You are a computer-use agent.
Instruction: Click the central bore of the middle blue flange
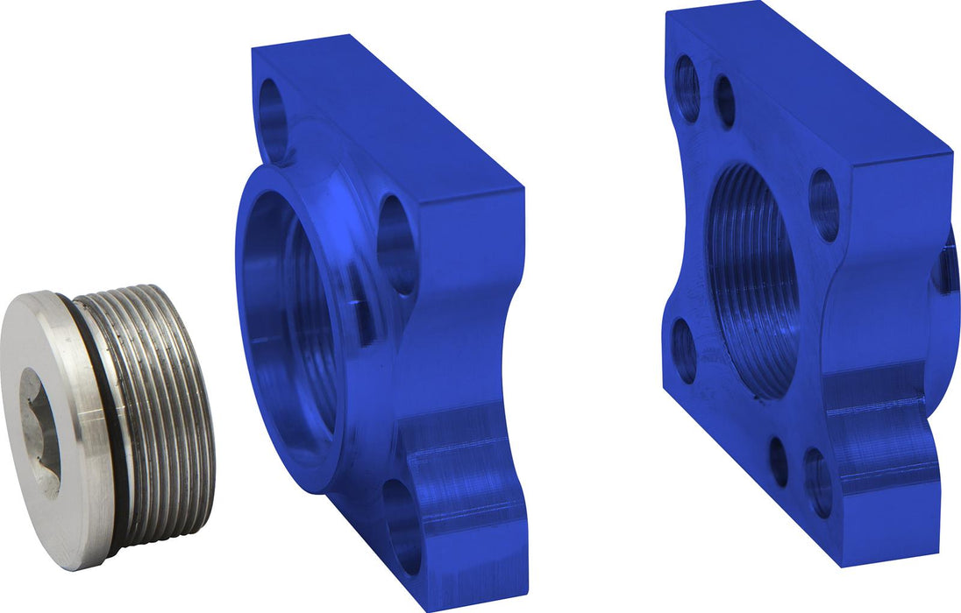point(289,315)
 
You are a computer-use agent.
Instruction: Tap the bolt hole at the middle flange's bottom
point(402,525)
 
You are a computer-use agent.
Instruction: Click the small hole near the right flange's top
point(725,102)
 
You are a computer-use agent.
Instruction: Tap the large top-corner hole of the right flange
point(687,88)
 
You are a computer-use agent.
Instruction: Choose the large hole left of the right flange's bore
point(684,350)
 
